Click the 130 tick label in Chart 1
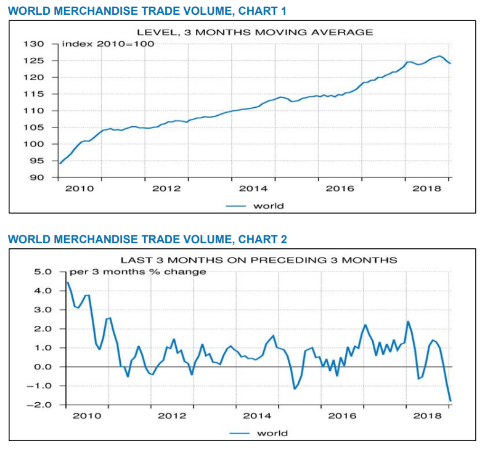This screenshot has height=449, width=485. point(35,44)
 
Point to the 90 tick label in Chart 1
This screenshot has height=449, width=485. point(38,178)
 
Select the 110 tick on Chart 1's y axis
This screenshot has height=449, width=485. point(35,111)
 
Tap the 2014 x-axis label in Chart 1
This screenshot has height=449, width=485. point(253,188)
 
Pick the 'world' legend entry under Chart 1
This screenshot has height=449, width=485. point(269,206)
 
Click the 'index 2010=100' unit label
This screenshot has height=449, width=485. point(108,44)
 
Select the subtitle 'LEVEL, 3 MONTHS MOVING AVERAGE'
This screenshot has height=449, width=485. point(255,32)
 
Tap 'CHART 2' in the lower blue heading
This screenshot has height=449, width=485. point(263,239)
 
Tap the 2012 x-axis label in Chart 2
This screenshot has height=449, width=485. point(172,416)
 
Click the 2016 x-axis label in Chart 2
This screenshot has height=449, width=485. point(342,416)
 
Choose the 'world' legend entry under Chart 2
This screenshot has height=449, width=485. point(272,433)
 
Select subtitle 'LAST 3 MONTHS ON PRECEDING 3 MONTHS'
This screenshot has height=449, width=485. point(258,259)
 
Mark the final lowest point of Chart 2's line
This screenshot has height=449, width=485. point(450,401)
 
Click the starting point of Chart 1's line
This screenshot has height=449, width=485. point(60,163)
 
